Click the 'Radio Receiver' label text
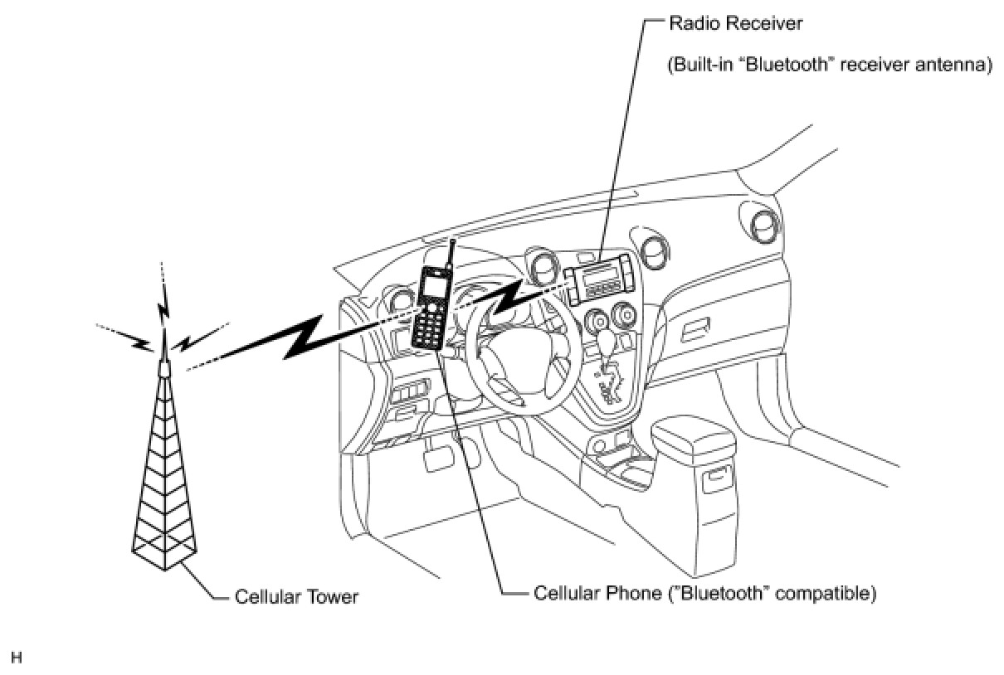click(735, 23)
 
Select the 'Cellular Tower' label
click(296, 597)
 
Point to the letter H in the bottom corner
click(17, 658)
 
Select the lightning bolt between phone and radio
click(506, 297)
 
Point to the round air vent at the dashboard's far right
click(763, 227)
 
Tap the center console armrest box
click(694, 453)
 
